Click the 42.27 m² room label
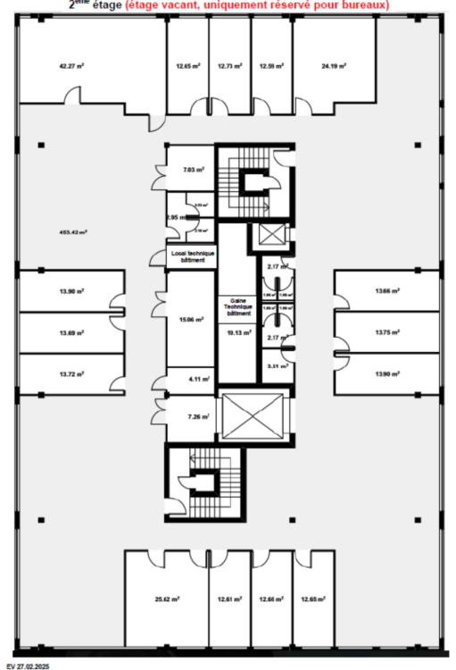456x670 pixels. point(71,65)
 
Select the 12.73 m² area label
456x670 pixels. point(230,65)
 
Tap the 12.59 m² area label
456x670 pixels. point(272,65)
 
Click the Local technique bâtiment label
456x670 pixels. point(191,256)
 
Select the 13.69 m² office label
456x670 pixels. point(71,332)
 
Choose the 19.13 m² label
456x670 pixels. point(239,332)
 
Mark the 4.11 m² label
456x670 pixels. point(198,380)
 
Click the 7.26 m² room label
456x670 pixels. point(197,417)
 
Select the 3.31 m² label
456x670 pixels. point(273,364)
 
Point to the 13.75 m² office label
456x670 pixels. point(386,332)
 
